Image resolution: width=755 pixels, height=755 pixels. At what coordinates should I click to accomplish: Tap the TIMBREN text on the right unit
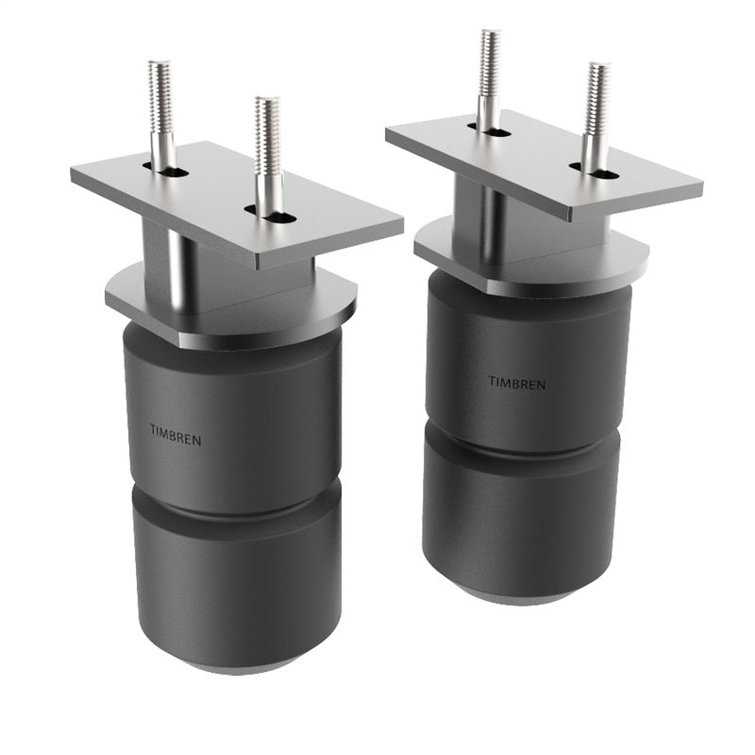coord(516,382)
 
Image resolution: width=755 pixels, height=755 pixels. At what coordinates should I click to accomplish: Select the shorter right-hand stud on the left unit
coord(268,142)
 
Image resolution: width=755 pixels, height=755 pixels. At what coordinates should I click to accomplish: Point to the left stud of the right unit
coord(488,71)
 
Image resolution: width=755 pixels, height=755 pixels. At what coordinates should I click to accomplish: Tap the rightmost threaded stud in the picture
coord(597,104)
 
